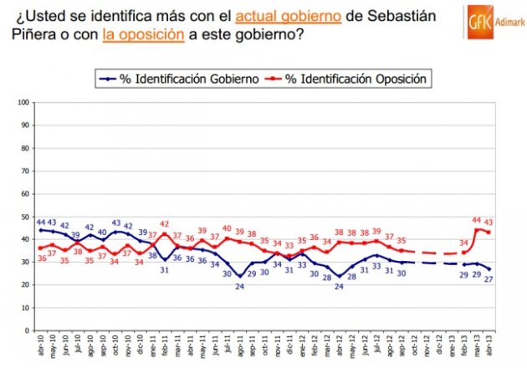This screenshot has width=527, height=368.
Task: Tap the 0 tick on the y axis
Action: [x=28, y=330]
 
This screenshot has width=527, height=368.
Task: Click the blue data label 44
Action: [x=41, y=222]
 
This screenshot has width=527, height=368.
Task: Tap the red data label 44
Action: [x=478, y=219]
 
